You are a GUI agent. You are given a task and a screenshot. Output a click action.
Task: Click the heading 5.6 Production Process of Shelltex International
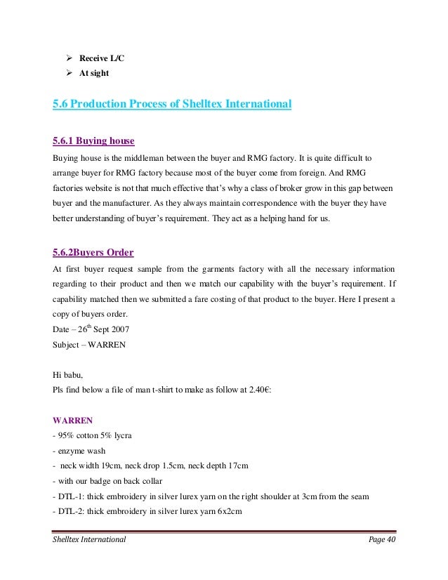pyautogui.click(x=172, y=105)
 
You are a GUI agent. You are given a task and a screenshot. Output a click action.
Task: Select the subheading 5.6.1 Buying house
pyautogui.click(x=93, y=139)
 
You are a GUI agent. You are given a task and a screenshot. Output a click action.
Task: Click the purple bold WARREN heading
pyautogui.click(x=74, y=421)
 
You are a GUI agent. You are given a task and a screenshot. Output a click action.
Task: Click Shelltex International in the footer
pyautogui.click(x=89, y=539)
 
